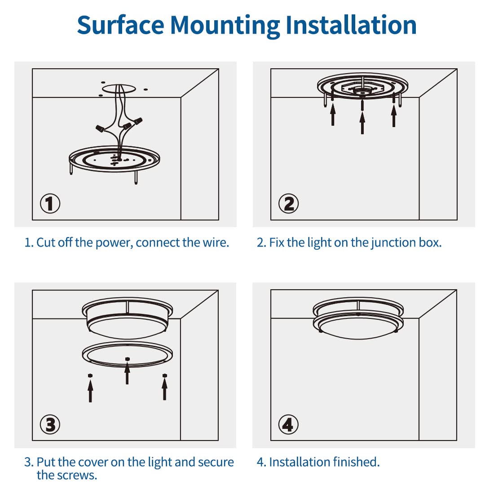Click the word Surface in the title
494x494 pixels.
[120, 25]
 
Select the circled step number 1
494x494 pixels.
[50, 203]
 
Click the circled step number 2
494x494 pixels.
[288, 203]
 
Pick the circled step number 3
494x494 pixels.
[50, 424]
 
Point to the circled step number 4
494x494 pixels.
[288, 424]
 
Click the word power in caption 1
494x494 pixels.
[114, 243]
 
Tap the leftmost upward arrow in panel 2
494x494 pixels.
[333, 114]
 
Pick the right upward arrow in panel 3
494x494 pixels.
[165, 389]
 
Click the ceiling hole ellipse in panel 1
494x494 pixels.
[119, 88]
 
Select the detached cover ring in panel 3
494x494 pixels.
[128, 354]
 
